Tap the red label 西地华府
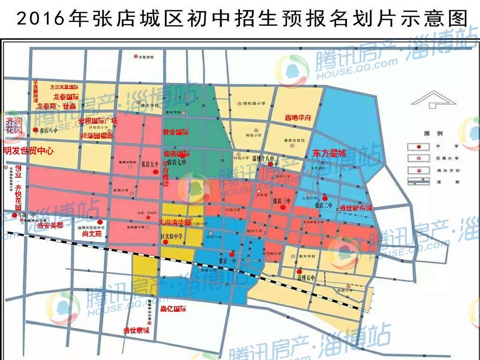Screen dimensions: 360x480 click(298, 118)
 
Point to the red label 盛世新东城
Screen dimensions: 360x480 click(356, 208)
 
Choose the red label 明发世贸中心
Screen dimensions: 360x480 click(28, 151)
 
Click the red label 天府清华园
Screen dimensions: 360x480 click(174, 222)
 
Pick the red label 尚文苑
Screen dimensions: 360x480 click(91, 232)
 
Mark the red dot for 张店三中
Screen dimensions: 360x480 click(282, 207)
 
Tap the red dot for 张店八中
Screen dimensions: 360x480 click(35, 130)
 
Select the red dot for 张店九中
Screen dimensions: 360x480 click(156, 172)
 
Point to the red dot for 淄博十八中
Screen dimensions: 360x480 click(270, 164)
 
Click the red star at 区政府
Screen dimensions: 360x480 click(149, 217)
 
